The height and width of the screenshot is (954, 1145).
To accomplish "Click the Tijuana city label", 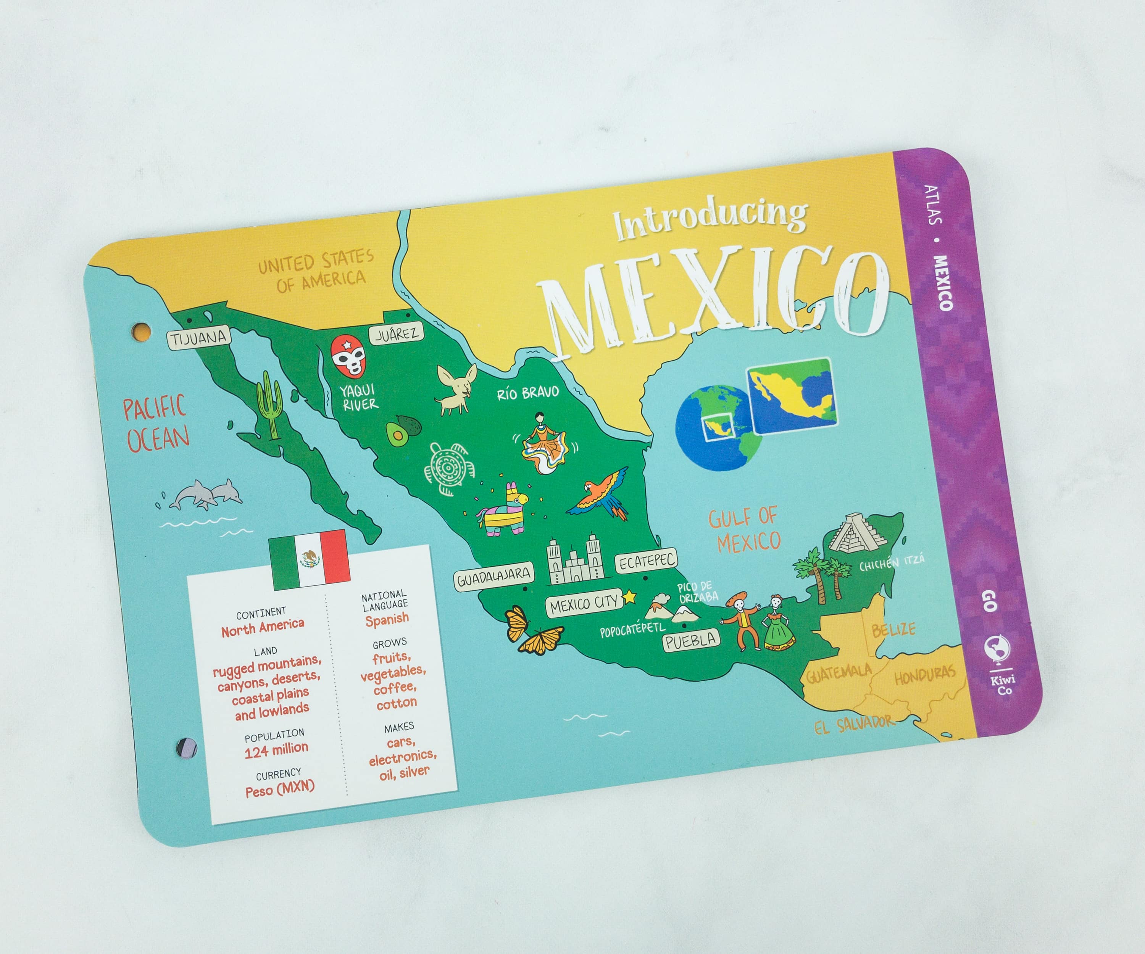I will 198,338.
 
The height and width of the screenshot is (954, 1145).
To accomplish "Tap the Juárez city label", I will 397,334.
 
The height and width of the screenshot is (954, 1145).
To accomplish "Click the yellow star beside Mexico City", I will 629,596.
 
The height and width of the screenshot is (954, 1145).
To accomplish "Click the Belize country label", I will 893,630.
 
